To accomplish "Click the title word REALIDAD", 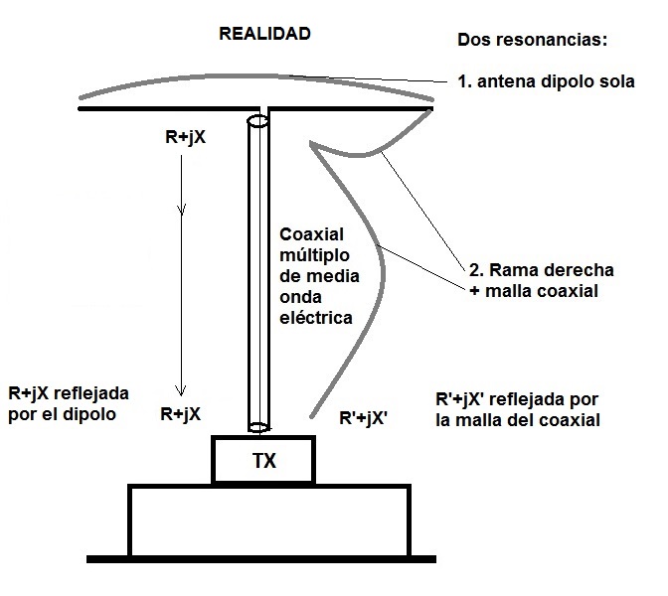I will coord(264,33).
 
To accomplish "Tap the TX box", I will coord(264,461).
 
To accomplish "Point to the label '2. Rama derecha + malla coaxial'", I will coord(541,279).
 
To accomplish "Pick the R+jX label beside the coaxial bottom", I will coord(183,414).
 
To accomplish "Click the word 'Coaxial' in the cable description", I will coord(312,234).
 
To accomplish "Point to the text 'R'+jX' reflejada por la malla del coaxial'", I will coord(517,408).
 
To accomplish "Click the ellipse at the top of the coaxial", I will coord(256,122).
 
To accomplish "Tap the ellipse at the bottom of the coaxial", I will coord(257,428).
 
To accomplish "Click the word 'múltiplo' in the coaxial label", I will coord(317,255).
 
